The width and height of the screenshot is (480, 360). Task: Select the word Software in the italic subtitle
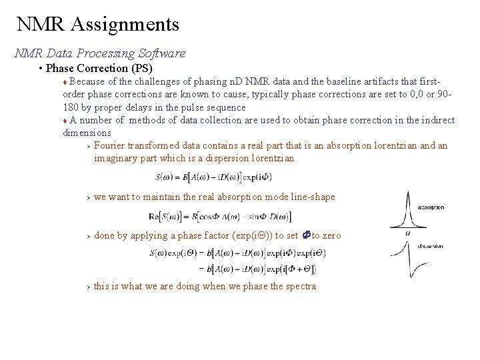point(162,53)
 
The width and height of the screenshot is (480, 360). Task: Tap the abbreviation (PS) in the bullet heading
point(142,68)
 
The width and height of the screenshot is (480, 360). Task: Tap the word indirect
point(437,120)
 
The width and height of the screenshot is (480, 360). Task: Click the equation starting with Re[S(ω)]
point(219,216)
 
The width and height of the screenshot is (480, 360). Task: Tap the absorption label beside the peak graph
point(431,207)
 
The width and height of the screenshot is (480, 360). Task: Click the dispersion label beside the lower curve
point(431,246)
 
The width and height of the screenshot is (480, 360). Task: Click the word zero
point(331,235)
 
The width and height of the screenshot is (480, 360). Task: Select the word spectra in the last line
point(301,286)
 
